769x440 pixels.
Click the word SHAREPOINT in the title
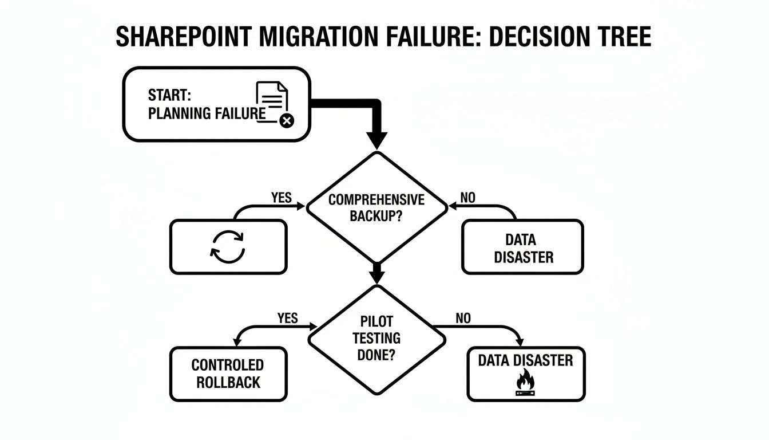(183, 37)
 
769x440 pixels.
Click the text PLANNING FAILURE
(207, 113)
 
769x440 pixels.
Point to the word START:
(169, 95)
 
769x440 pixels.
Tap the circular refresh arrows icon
(228, 246)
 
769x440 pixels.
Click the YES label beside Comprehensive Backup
(282, 198)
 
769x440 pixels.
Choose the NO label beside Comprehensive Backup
(467, 198)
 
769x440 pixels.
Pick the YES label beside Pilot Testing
(287, 318)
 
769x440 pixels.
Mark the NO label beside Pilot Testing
(463, 318)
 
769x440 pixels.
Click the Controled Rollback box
(228, 374)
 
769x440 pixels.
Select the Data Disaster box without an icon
(523, 247)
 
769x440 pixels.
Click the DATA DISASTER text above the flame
(525, 360)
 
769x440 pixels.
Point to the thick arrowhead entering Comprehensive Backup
(376, 140)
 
